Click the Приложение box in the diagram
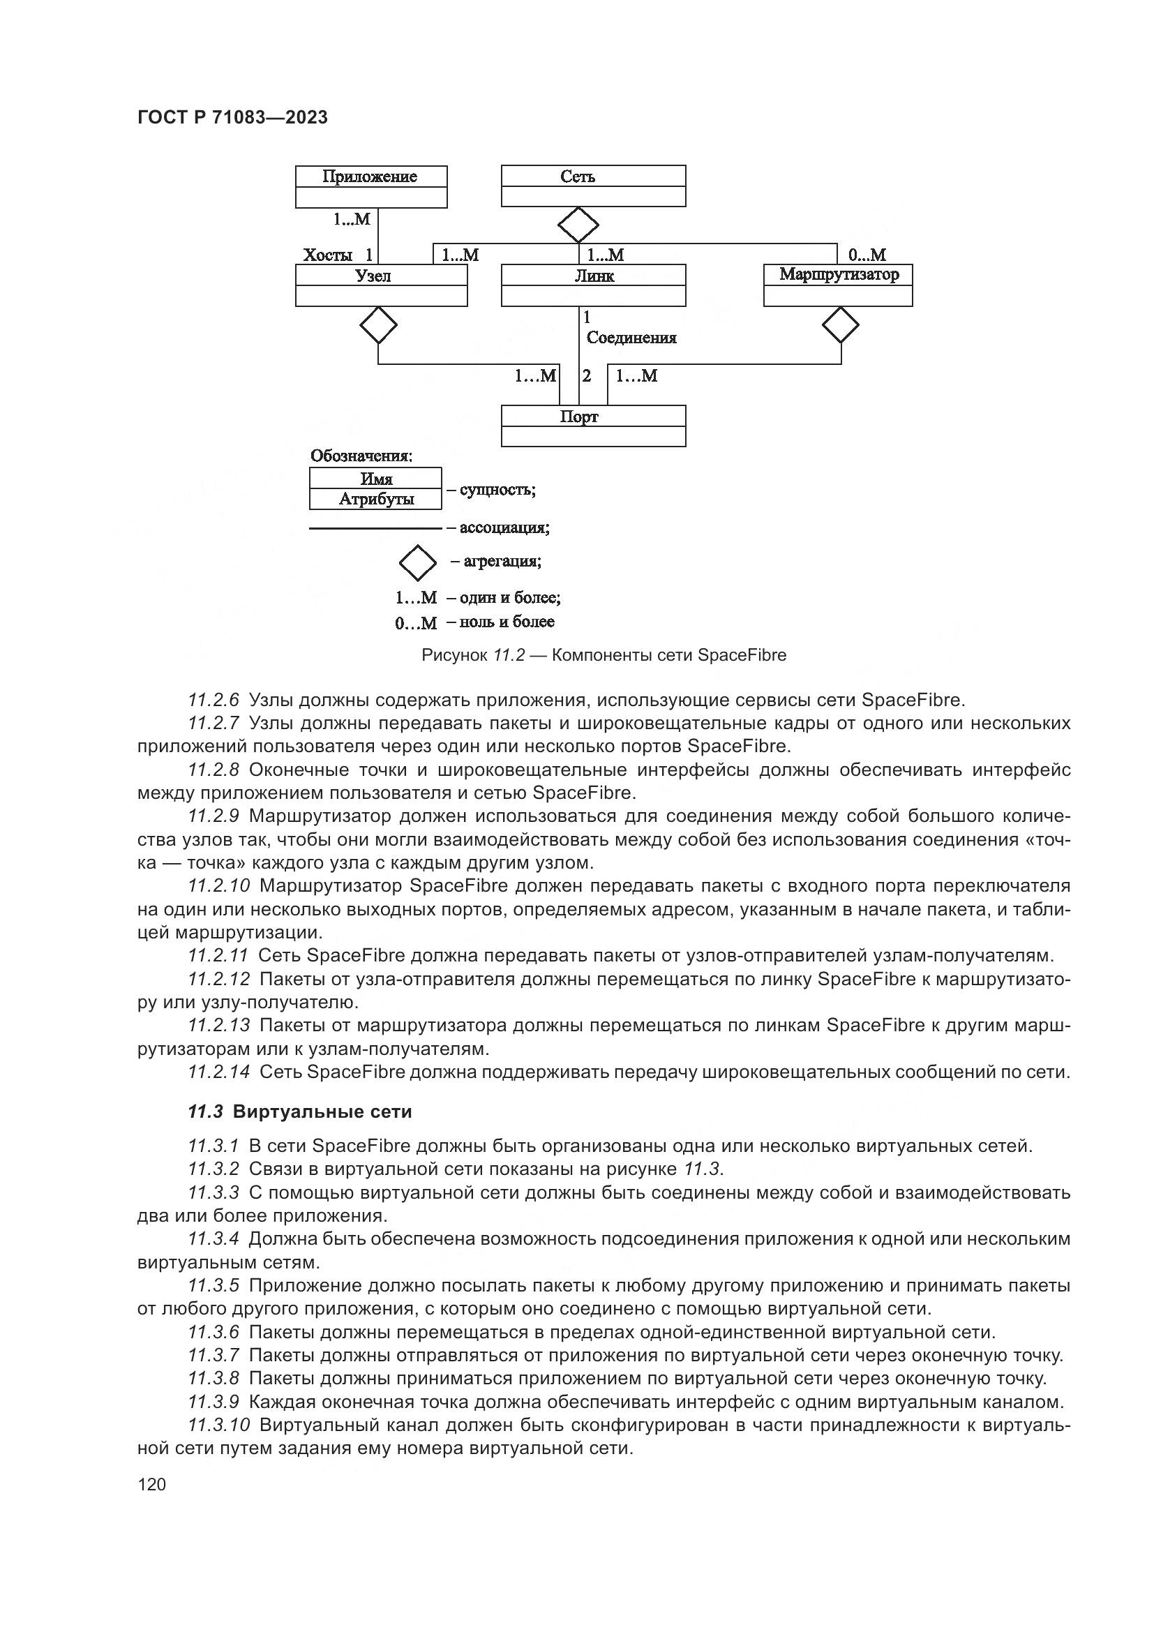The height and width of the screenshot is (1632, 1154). tap(371, 178)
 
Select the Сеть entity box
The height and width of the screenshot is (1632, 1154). tap(592, 178)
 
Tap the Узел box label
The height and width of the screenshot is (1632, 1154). tap(374, 276)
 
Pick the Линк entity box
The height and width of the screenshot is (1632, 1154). tap(593, 276)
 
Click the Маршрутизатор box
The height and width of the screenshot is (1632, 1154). tap(838, 275)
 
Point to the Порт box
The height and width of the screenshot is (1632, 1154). tap(592, 417)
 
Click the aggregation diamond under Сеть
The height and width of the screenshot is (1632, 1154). tap(578, 225)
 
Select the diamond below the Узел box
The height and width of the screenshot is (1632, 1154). tap(378, 326)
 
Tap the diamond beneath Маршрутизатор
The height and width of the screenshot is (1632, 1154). tap(841, 326)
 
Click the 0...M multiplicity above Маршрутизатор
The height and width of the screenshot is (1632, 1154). tap(867, 255)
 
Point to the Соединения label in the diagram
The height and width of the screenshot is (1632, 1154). tap(631, 338)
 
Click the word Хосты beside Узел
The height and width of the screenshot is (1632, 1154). tap(328, 255)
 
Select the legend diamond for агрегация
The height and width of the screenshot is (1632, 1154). tap(418, 563)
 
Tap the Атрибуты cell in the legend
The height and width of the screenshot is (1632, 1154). tap(376, 500)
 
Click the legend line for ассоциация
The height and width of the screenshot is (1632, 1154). tap(375, 528)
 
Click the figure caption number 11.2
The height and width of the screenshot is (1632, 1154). tap(509, 655)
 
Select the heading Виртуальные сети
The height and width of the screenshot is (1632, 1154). tap(322, 1112)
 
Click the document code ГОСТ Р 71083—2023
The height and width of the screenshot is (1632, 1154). tap(232, 118)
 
